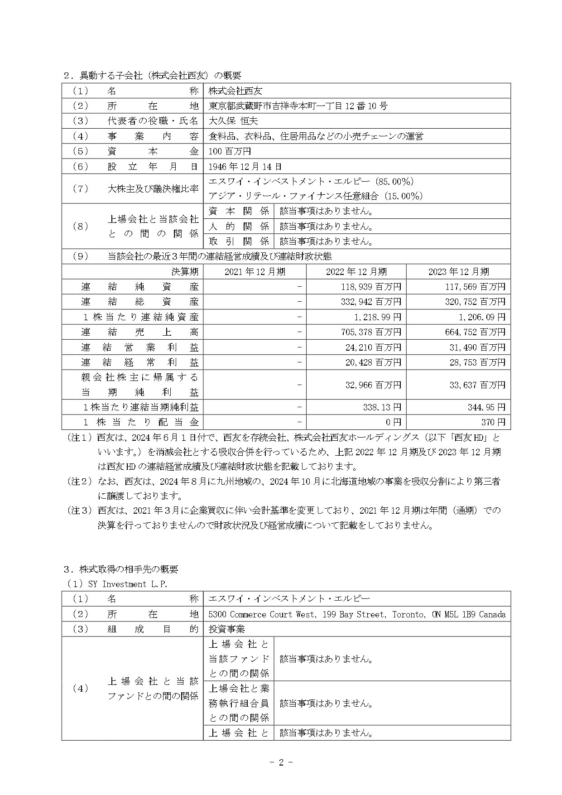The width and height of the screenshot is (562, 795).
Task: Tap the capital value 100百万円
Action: [230, 151]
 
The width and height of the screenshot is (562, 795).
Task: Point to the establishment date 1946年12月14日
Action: [245, 166]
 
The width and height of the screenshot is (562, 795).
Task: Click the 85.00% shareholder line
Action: [311, 182]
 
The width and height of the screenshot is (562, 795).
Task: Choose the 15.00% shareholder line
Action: [316, 196]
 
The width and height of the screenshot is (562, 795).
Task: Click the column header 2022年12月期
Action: [356, 272]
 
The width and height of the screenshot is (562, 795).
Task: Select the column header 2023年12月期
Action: [458, 272]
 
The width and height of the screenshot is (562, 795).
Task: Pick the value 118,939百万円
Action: [371, 287]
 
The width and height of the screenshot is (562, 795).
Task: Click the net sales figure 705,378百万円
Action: [371, 332]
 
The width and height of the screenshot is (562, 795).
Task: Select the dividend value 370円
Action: [493, 422]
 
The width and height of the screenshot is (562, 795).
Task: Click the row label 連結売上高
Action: [139, 332]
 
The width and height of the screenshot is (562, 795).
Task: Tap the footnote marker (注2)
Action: [80, 482]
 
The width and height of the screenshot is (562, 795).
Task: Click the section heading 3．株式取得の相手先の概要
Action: [120, 569]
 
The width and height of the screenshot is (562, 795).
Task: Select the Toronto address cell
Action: [356, 615]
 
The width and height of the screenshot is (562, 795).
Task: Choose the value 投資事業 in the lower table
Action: [226, 629]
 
